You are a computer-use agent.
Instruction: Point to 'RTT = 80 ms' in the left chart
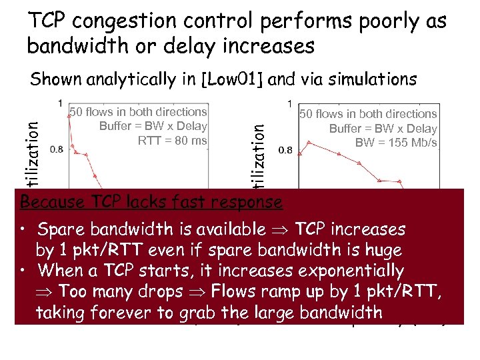tap(173, 140)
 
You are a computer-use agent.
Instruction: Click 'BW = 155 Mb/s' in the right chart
tap(397, 143)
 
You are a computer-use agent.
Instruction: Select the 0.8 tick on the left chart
tap(57, 149)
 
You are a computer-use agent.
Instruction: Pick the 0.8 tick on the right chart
tap(285, 150)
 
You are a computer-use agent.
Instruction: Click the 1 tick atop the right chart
tap(289, 104)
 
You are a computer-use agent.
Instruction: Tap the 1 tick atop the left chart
tap(61, 104)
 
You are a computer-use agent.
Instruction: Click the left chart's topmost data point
tap(69, 115)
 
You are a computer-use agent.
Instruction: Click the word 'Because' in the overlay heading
tap(53, 201)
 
